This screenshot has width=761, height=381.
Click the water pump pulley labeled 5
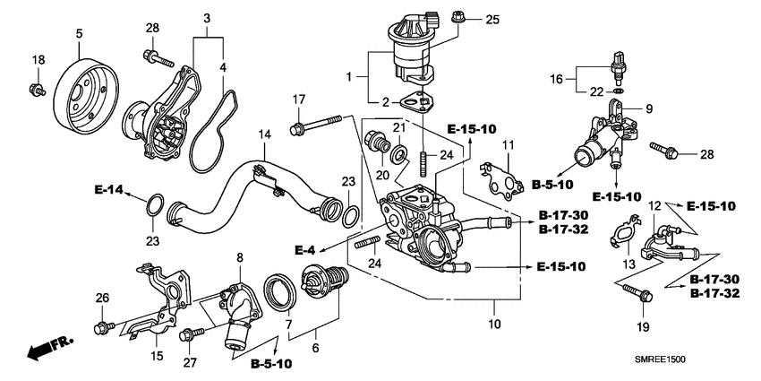click(x=85, y=91)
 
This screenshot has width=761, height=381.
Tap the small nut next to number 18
click(x=37, y=89)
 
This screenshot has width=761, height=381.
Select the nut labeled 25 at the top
click(x=457, y=17)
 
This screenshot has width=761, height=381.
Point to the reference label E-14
click(x=108, y=190)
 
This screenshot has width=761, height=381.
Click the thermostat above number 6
click(x=322, y=280)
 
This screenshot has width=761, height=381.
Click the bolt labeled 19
click(x=641, y=290)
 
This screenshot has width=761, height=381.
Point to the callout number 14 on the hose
click(x=263, y=134)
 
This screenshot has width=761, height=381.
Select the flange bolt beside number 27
click(x=189, y=335)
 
